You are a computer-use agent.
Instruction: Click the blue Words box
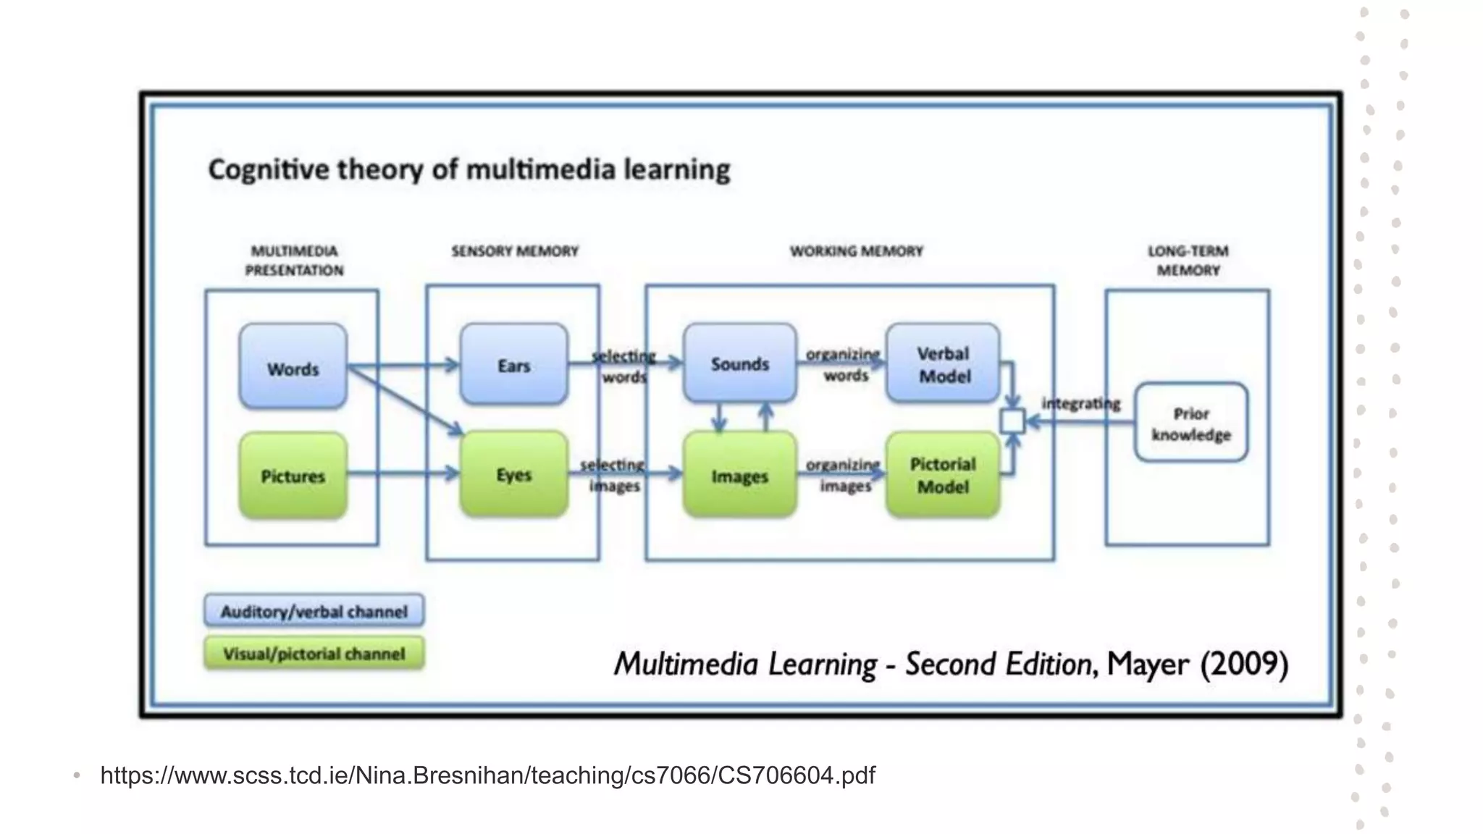(x=293, y=366)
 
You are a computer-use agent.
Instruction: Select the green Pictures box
(x=293, y=476)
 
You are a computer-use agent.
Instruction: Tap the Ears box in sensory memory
(x=513, y=364)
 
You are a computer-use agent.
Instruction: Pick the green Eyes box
(x=513, y=474)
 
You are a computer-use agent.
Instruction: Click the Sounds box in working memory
(x=739, y=363)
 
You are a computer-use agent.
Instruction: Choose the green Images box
(x=739, y=476)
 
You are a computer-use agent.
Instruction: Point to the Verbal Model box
(x=943, y=364)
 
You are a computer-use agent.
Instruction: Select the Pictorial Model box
(x=943, y=475)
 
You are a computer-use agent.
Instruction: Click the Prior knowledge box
(x=1190, y=424)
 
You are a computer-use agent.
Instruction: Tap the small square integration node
(x=1012, y=421)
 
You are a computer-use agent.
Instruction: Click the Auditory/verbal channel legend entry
(x=314, y=611)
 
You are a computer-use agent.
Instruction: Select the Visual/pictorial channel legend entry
(x=314, y=654)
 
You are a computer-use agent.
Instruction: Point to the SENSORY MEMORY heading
(x=515, y=251)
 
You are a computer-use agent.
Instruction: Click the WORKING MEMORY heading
(x=856, y=251)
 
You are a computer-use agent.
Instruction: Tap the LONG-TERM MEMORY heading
(x=1188, y=261)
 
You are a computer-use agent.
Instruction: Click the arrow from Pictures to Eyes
(x=403, y=474)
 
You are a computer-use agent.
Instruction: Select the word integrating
(x=1080, y=403)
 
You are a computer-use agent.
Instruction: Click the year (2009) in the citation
(x=1244, y=664)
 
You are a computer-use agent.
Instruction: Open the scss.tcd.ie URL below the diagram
(x=487, y=775)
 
